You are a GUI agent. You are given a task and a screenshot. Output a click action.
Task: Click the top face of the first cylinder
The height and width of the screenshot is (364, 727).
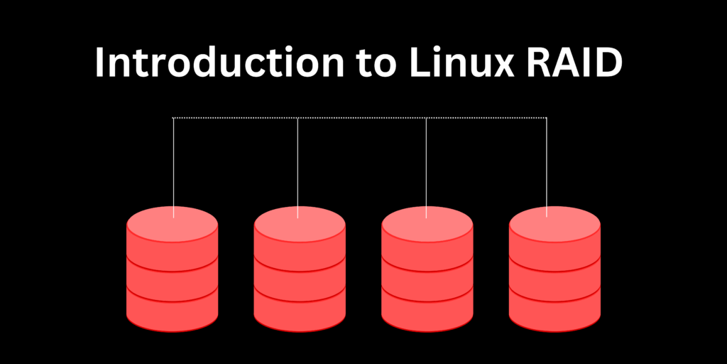click(173, 224)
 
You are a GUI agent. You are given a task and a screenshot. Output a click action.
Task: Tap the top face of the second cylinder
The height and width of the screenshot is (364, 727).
click(300, 224)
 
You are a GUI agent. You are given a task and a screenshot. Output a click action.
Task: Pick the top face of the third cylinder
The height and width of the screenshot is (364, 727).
click(427, 224)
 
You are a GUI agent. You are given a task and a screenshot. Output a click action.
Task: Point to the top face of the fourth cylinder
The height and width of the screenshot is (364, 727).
click(554, 224)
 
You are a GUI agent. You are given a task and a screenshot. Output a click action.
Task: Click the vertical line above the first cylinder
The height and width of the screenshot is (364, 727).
click(174, 164)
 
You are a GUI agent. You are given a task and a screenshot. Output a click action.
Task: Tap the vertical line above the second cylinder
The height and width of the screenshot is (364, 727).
click(297, 164)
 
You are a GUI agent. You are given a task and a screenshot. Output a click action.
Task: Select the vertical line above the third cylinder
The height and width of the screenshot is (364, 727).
click(426, 164)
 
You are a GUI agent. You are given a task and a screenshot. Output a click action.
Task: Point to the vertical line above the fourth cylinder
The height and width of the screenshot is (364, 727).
click(547, 164)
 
